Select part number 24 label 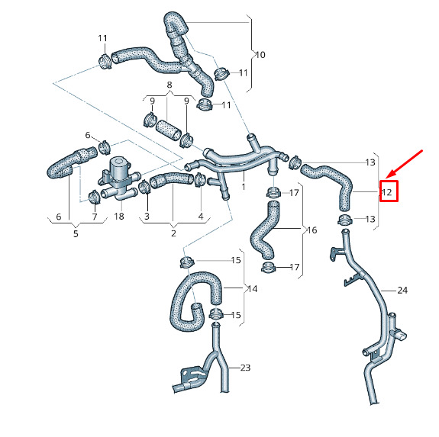coord(402,291)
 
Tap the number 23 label coord(245,368)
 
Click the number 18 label coord(119,216)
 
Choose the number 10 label coord(260,55)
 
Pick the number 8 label coord(169,85)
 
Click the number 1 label coord(244,186)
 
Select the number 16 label coord(312,230)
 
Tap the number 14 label coord(253,289)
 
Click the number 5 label coord(76,233)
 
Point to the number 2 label coord(173,233)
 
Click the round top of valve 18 coord(118,162)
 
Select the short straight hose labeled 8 coord(168,130)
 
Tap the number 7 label coord(95,217)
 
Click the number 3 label coord(147,216)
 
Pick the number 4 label coord(201,217)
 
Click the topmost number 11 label coord(102,38)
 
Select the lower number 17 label coord(295,267)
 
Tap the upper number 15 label coord(236,260)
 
